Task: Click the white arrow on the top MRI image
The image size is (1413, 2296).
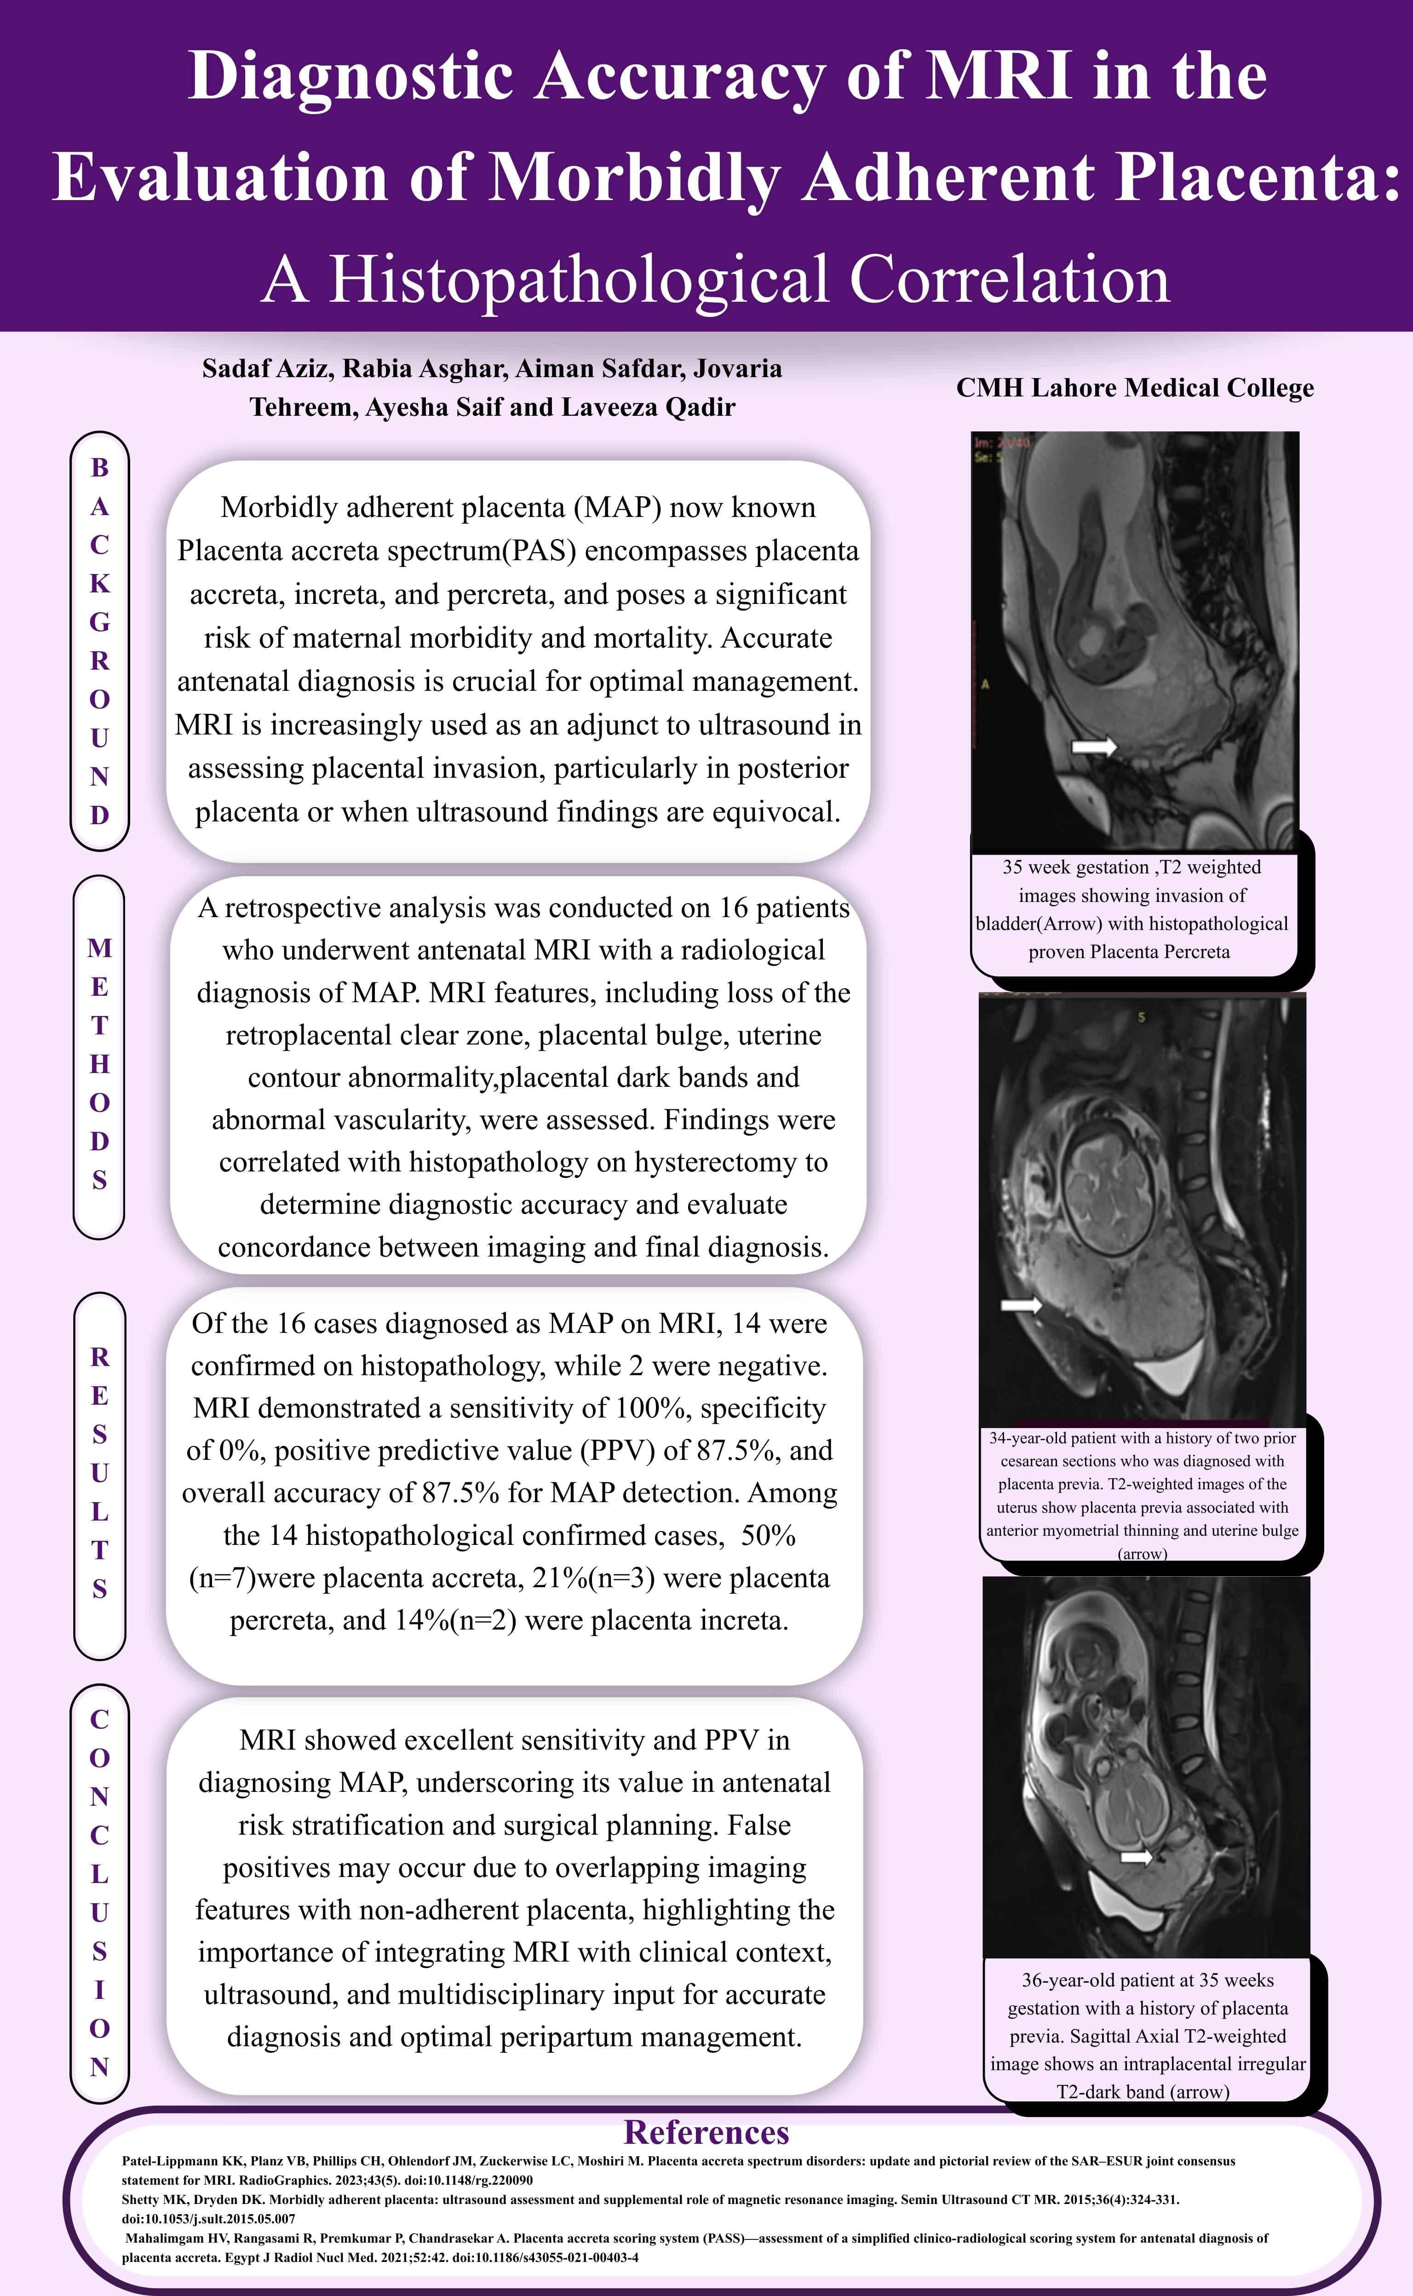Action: pos(1093,746)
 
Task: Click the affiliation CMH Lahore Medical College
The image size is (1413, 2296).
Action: pos(1135,388)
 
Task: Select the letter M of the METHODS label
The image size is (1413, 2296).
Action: pos(99,948)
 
